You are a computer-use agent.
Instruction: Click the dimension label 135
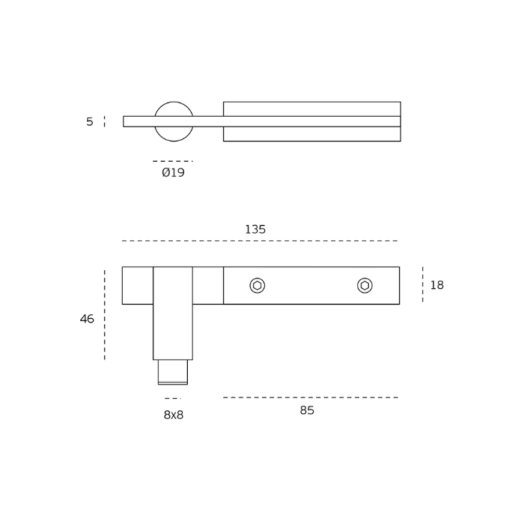pos(255,230)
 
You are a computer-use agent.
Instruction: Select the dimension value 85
pos(307,410)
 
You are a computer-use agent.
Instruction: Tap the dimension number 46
pos(87,319)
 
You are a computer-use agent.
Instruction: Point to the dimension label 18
pos(436,285)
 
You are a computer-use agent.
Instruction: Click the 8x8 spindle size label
pos(174,415)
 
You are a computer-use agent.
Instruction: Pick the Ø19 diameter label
pos(173,172)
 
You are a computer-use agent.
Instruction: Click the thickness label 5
pos(90,121)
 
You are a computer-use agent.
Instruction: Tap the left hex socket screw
pos(257,286)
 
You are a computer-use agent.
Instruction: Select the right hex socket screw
pos(365,286)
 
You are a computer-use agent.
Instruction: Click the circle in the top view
pos(174,102)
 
